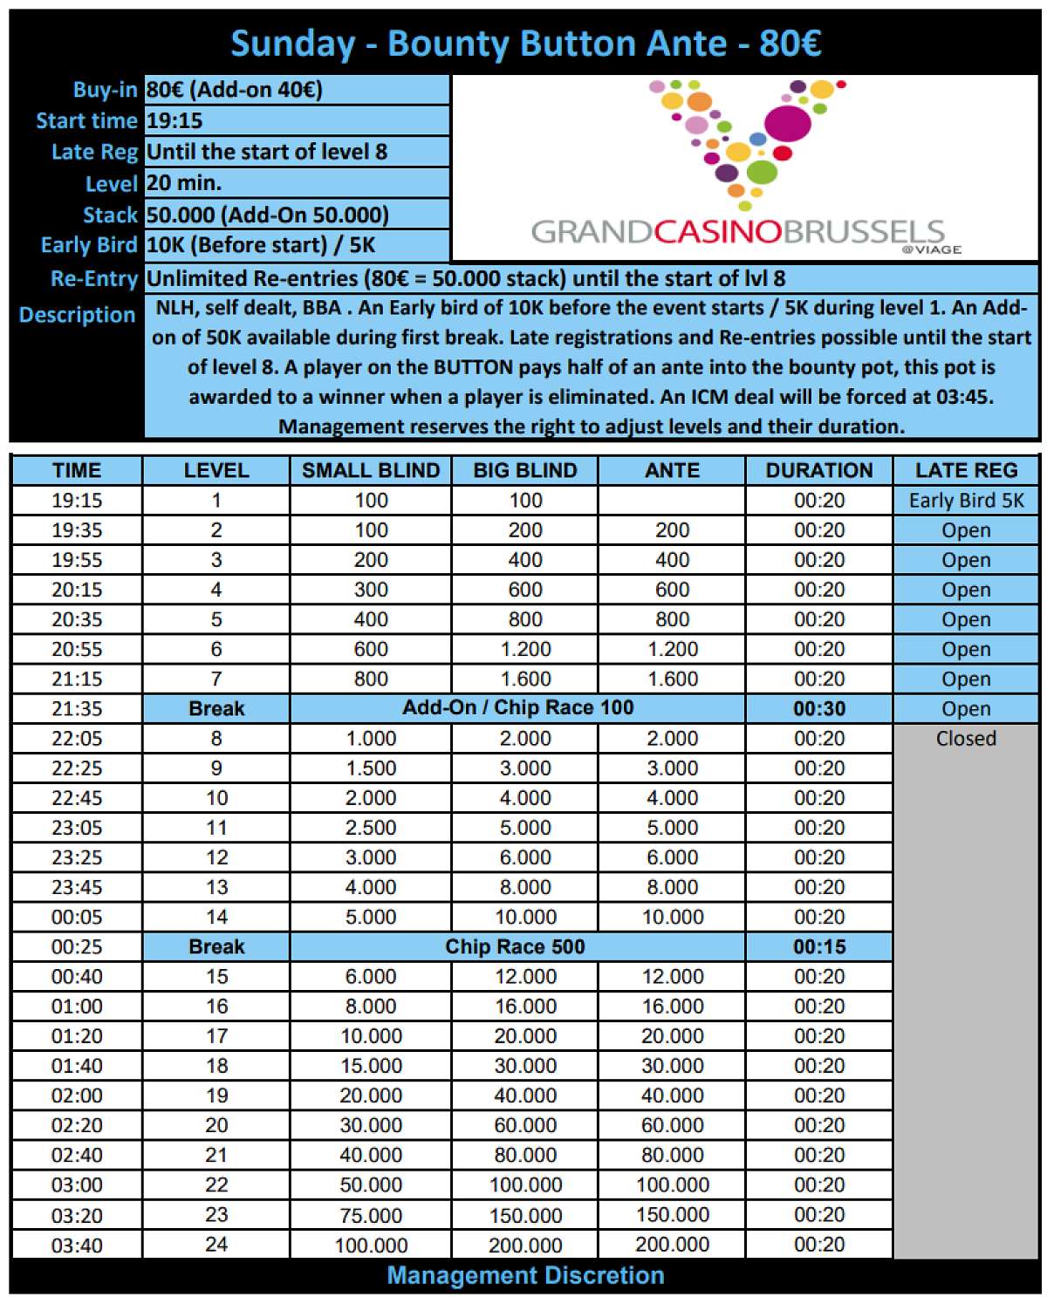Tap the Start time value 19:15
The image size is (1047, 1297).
click(x=174, y=120)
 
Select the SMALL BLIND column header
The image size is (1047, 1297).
click(x=371, y=470)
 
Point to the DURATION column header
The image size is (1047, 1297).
click(x=818, y=470)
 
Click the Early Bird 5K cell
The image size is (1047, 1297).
click(x=966, y=500)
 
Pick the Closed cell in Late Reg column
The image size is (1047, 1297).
click(x=966, y=738)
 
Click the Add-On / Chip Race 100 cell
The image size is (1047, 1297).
click(x=517, y=707)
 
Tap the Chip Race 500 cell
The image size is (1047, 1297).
click(x=515, y=946)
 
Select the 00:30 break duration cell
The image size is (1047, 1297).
click(x=818, y=708)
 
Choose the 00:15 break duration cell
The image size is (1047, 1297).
click(x=818, y=946)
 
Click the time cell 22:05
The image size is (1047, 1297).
click(x=77, y=738)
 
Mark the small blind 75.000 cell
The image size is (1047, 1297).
click(x=371, y=1215)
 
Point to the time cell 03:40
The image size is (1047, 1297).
click(x=77, y=1245)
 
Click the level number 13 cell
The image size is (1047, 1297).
click(x=216, y=887)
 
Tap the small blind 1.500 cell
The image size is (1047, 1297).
click(x=371, y=768)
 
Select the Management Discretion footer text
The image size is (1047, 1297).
click(x=525, y=1275)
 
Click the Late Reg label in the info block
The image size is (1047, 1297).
click(x=94, y=152)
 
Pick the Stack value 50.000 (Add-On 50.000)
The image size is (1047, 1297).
click(x=267, y=215)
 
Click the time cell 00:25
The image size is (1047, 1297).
click(x=77, y=946)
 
